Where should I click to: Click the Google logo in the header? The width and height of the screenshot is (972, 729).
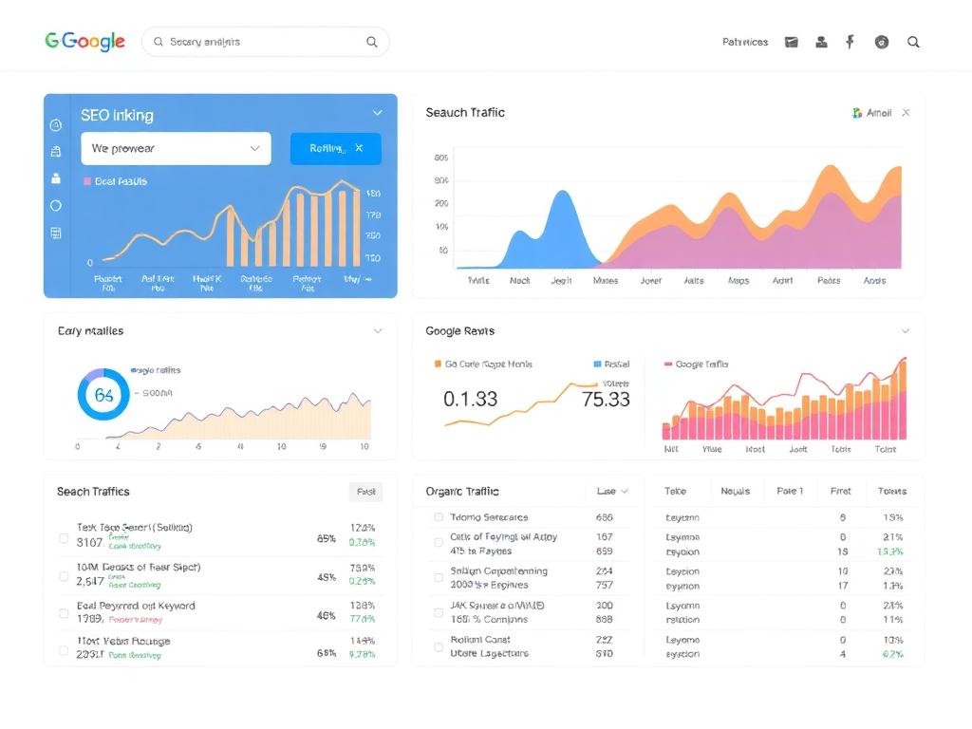[x=85, y=42]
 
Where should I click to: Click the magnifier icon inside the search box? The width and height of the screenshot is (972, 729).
[x=372, y=42]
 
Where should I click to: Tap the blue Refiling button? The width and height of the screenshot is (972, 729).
[x=335, y=148]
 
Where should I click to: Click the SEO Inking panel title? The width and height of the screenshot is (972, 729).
[x=117, y=115]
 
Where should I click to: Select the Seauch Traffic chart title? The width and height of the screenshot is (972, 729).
[x=465, y=112]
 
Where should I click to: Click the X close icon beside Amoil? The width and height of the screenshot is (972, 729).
[x=906, y=113]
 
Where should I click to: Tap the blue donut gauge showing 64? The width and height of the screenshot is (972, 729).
[x=103, y=395]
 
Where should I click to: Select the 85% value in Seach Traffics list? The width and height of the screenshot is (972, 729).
[x=326, y=538]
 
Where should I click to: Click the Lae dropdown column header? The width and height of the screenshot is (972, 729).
[x=612, y=491]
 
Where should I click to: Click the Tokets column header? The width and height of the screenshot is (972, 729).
[x=891, y=491]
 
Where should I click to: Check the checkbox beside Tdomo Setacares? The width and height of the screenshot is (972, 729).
[x=439, y=517]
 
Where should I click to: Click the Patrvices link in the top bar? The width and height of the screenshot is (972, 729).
[x=745, y=42]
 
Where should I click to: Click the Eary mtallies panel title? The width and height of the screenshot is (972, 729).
[x=90, y=330]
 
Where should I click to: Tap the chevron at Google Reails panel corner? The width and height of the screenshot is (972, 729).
[x=905, y=330]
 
